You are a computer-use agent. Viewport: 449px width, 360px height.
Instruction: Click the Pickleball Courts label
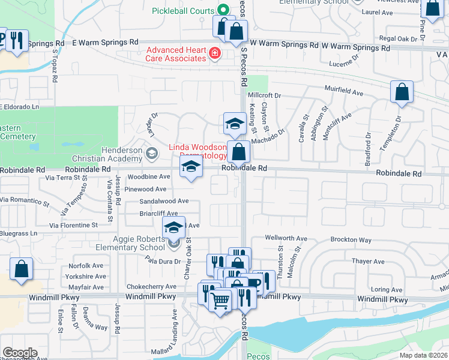pyautogui.click(x=182, y=11)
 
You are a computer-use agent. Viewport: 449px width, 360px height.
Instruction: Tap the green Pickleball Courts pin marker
pyautogui.click(x=222, y=10)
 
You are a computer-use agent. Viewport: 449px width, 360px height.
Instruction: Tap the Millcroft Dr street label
pyautogui.click(x=264, y=95)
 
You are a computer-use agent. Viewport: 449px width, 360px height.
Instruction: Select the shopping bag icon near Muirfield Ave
pyautogui.click(x=402, y=92)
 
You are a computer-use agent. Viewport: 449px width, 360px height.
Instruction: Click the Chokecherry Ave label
pyautogui.click(x=149, y=287)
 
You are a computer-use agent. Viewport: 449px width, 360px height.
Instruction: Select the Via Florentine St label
pyautogui.click(x=73, y=225)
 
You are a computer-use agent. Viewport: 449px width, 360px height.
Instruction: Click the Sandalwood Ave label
pyautogui.click(x=164, y=202)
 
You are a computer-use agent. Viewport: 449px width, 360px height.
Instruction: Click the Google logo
pyautogui.click(x=19, y=353)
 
